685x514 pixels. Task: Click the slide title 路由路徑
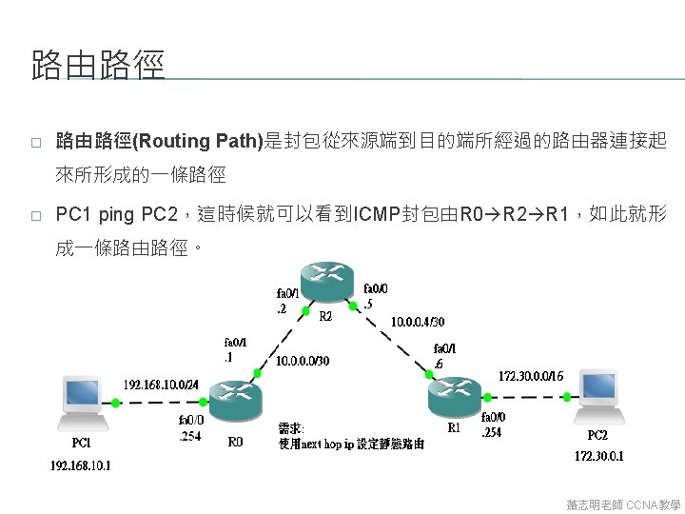pos(98,66)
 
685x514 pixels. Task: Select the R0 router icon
pos(234,401)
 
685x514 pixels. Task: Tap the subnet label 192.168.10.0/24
pos(162,385)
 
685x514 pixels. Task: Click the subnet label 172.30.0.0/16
pos(531,377)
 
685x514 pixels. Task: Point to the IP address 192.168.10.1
pos(81,465)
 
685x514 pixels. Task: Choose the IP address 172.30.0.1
pos(599,456)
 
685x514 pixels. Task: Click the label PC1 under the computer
pos(82,443)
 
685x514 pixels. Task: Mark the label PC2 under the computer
pos(597,435)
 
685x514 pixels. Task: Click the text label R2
pos(325,315)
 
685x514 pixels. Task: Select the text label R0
pos(235,442)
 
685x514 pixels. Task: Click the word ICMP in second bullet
pos(375,213)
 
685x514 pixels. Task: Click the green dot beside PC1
pos(115,404)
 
